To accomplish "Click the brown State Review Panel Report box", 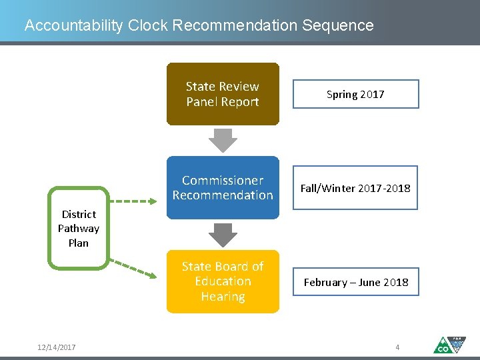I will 223,94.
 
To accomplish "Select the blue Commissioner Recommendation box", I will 223,188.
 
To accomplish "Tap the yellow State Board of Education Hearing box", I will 223,281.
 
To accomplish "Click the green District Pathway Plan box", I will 79,228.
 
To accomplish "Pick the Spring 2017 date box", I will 355,94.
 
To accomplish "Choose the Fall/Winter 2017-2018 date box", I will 355,188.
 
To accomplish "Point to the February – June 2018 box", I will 355,282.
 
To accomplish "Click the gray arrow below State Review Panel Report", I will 223,139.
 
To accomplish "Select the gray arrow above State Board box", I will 223,234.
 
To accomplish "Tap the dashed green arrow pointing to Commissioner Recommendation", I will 137,199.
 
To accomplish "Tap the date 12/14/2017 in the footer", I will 57,347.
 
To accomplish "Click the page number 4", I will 397,347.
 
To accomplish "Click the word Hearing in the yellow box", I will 223,297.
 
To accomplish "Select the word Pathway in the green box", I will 79,228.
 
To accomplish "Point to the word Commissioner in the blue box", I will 223,181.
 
